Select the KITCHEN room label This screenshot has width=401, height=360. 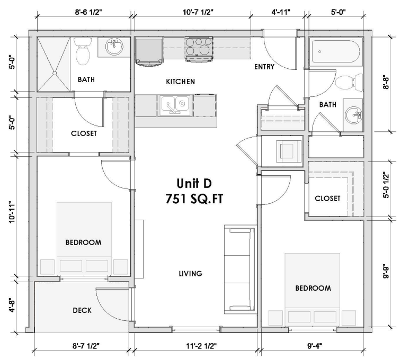coord(181,82)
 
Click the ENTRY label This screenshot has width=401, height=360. coord(263,67)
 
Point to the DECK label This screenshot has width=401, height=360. coord(82,310)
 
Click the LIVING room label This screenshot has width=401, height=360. coord(190,274)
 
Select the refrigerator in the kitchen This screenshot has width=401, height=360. coord(150,51)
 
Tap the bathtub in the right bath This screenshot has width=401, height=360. coord(335,53)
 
